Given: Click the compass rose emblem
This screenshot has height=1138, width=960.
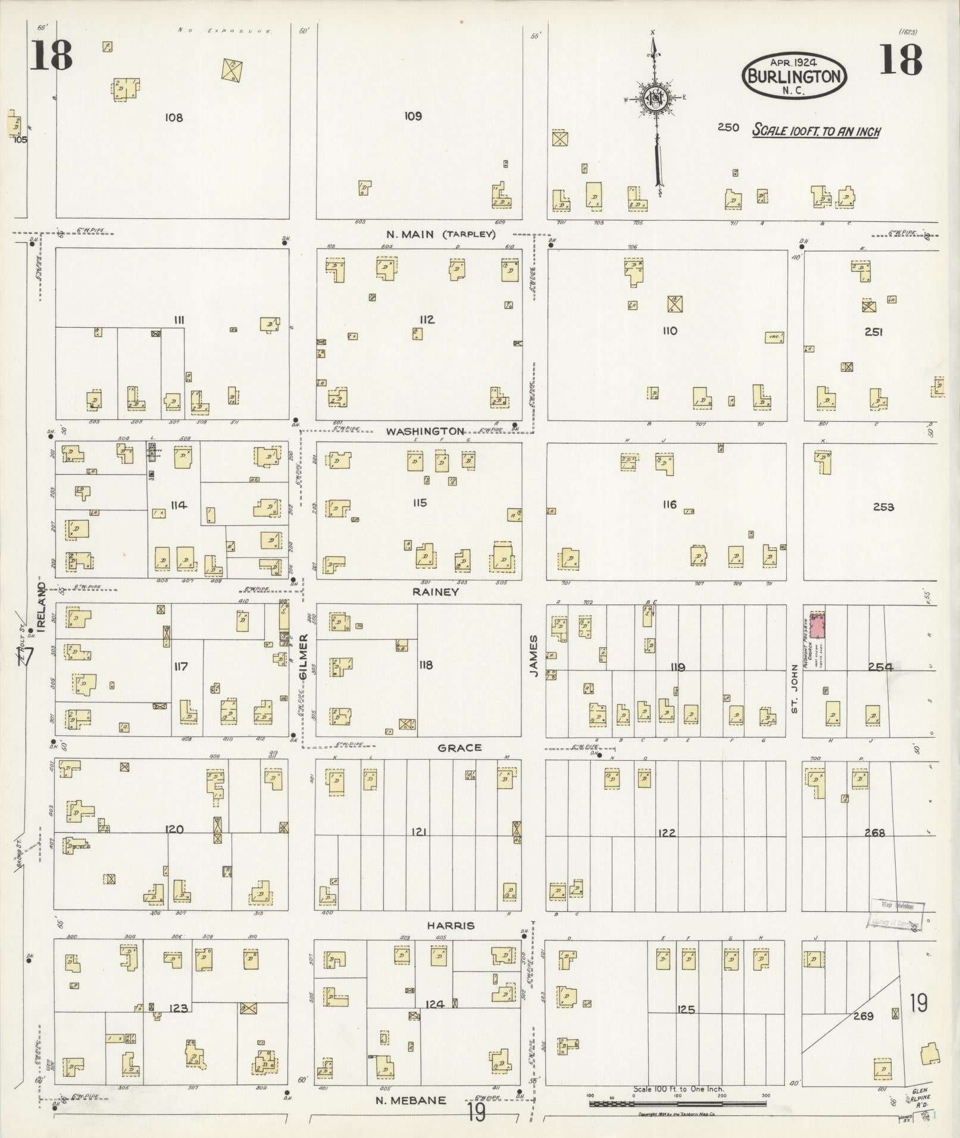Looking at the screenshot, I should tap(655, 99).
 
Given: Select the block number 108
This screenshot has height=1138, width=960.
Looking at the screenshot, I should tap(174, 118).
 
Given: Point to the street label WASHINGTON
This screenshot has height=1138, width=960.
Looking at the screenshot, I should tap(424, 431).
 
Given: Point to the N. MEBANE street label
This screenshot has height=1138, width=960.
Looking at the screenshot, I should tap(411, 1100).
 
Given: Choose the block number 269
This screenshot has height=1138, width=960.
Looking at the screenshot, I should tap(862, 1016).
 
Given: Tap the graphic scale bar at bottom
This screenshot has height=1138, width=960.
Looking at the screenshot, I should tap(677, 1103).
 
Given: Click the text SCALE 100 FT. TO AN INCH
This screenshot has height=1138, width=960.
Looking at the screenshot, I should tap(816, 131).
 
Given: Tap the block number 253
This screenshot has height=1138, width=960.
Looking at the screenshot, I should tap(883, 507).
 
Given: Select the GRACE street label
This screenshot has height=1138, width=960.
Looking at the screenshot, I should tap(459, 748).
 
